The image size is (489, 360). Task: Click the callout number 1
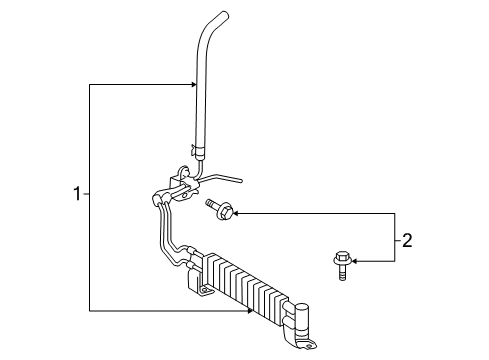pyautogui.click(x=74, y=192)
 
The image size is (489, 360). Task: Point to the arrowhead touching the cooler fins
pyautogui.click(x=251, y=309)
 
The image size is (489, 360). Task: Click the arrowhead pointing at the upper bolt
pyautogui.click(x=237, y=211)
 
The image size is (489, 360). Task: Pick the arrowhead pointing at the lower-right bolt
pyautogui.click(x=353, y=263)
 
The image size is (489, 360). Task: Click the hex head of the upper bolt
pyautogui.click(x=224, y=211)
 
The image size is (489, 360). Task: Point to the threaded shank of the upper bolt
pyautogui.click(x=211, y=207)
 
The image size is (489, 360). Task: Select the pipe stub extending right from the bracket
pyautogui.click(x=225, y=180)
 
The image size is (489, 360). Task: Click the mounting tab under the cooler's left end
pyautogui.click(x=204, y=291)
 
